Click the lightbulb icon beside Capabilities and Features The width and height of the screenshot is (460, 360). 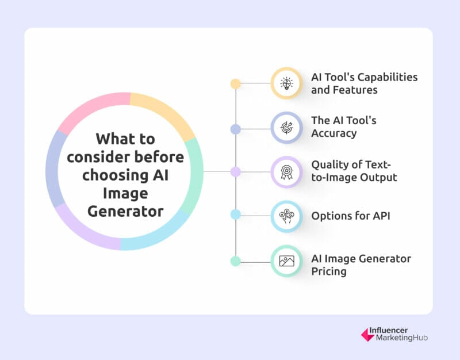(x=286, y=83)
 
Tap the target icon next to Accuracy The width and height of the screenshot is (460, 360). (x=286, y=128)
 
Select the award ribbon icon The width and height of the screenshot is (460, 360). (x=286, y=172)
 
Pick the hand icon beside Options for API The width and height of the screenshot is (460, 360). (x=286, y=216)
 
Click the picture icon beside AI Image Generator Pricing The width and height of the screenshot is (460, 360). (x=286, y=261)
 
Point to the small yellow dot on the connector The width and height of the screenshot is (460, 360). (x=236, y=84)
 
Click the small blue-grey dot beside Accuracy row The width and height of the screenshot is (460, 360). (x=236, y=129)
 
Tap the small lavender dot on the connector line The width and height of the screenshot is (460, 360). (x=236, y=172)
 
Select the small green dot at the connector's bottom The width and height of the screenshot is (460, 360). (x=236, y=261)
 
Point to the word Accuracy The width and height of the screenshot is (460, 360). (x=334, y=133)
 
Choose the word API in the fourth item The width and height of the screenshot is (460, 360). (x=381, y=216)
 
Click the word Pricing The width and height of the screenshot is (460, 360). (x=329, y=271)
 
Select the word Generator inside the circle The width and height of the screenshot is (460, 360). (x=125, y=212)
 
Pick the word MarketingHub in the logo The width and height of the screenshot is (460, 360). (x=401, y=338)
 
